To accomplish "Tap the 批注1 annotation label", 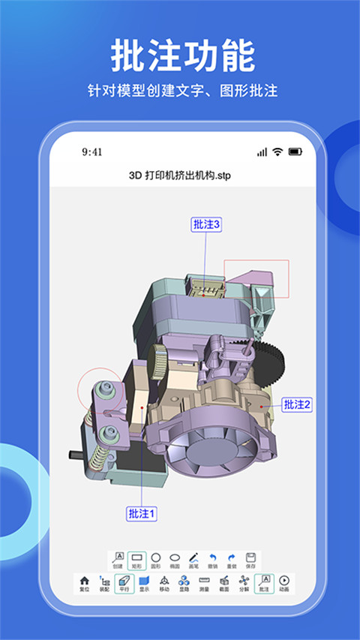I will click(142, 514).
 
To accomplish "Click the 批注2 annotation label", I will click(297, 404).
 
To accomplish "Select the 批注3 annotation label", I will click(206, 224).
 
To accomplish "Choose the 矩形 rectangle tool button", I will click(136, 559).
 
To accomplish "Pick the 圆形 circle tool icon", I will click(156, 559).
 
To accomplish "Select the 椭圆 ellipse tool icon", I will click(175, 559).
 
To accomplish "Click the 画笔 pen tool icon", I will click(194, 559).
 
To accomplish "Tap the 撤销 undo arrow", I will click(213, 559).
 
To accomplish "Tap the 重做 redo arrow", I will click(232, 559).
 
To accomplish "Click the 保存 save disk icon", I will click(251, 559).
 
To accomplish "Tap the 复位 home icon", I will click(84, 582).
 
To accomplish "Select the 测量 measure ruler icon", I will click(204, 582).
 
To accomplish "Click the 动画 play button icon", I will click(283, 582).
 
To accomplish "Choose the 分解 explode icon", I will click(244, 582).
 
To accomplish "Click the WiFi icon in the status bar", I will click(277, 152).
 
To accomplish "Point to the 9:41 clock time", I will click(92, 152).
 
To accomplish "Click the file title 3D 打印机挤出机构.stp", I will click(180, 176).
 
